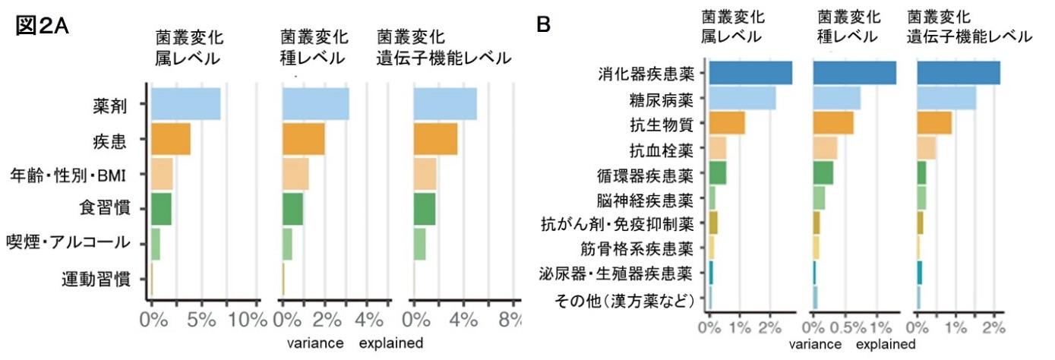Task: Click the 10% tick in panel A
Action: pos(248,320)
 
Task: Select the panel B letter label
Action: pos(544,25)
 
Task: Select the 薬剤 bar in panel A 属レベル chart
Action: pos(185,104)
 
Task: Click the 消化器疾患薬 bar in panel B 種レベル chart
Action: pos(854,73)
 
